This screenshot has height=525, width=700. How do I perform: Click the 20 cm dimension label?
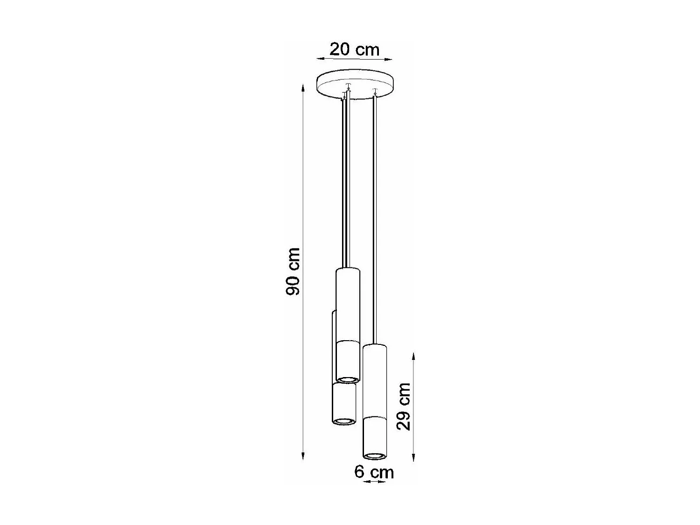(355, 49)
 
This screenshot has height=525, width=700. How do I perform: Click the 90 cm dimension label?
(293, 272)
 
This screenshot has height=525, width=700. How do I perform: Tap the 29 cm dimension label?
(403, 406)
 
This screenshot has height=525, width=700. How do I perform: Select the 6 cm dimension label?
(374, 472)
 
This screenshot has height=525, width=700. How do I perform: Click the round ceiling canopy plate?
(355, 84)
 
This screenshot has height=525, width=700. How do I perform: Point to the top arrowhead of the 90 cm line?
(303, 88)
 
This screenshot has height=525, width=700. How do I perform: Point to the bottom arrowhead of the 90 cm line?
(303, 457)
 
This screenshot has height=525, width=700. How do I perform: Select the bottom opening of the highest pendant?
(348, 379)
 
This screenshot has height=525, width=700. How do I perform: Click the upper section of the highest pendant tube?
(348, 303)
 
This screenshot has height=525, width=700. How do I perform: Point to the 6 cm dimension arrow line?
(374, 481)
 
